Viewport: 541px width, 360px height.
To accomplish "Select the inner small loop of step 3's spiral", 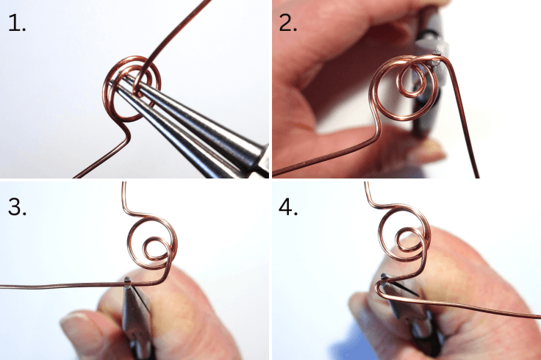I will [155, 250].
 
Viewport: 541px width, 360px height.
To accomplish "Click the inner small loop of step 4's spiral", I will [406, 238].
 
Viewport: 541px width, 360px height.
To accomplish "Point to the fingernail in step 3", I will [78, 323].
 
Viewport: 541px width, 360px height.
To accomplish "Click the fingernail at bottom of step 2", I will [426, 151].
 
